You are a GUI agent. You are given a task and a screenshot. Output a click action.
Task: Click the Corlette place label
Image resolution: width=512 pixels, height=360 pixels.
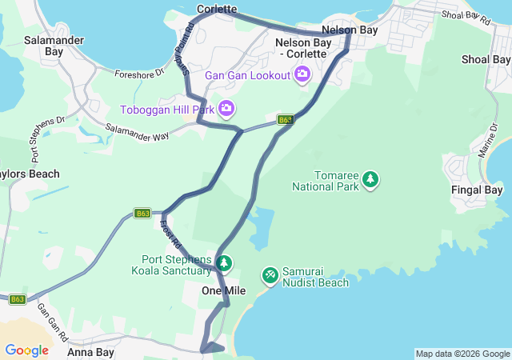(217, 10)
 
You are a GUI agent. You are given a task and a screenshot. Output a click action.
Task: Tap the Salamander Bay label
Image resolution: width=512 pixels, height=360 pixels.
(44, 45)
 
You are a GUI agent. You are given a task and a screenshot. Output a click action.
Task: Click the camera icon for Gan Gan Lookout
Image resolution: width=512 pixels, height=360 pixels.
(302, 75)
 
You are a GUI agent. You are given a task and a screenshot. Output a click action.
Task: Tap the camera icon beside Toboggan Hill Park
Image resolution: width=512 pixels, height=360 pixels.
(226, 108)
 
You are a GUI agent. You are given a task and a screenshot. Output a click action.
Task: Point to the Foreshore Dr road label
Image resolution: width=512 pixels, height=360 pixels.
(138, 73)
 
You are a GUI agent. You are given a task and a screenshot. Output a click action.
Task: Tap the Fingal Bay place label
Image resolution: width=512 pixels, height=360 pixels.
(477, 190)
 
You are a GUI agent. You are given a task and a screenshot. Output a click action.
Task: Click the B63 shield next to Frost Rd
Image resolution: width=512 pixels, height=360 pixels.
(142, 214)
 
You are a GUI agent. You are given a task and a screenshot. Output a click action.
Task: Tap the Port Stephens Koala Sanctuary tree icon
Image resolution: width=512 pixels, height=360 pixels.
(225, 262)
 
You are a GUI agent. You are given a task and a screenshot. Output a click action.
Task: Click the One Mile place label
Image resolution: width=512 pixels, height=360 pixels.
(224, 290)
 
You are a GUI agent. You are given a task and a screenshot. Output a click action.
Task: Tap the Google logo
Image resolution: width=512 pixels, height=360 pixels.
(26, 350)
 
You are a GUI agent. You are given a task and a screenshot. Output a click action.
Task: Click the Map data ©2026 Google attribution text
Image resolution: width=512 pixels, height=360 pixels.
(462, 354)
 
